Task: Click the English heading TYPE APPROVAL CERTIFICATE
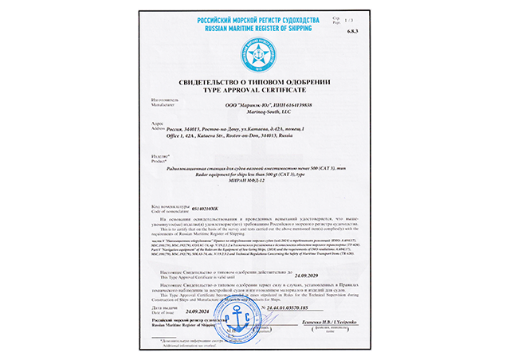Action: [254, 92]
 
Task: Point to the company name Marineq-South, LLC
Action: [254, 114]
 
